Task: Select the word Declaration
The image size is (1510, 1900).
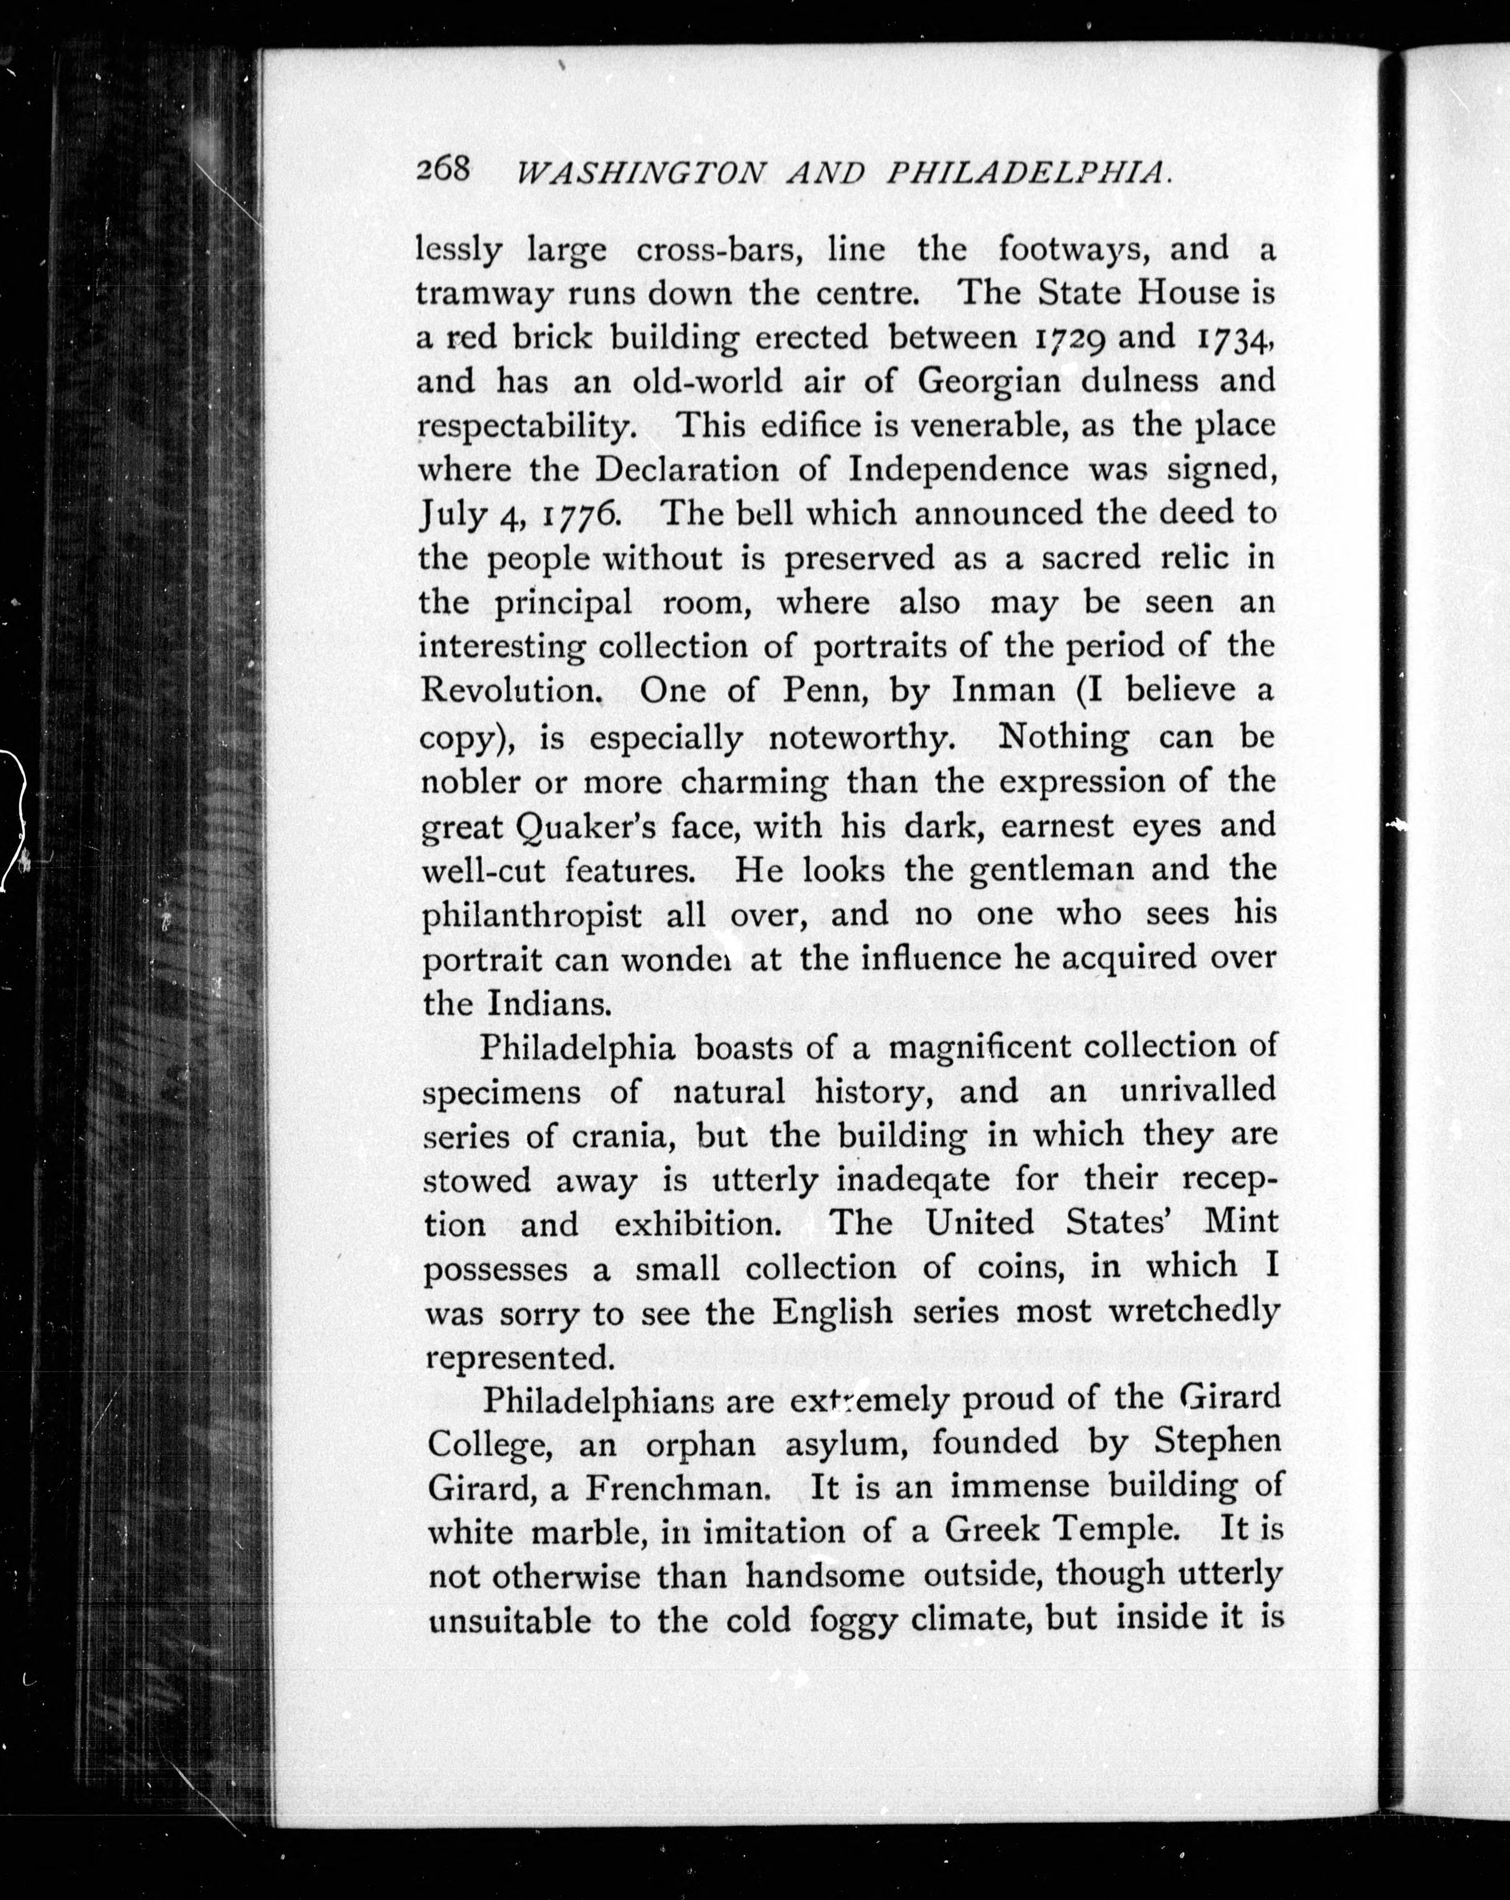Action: click(687, 470)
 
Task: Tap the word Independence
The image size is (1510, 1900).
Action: click(957, 470)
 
